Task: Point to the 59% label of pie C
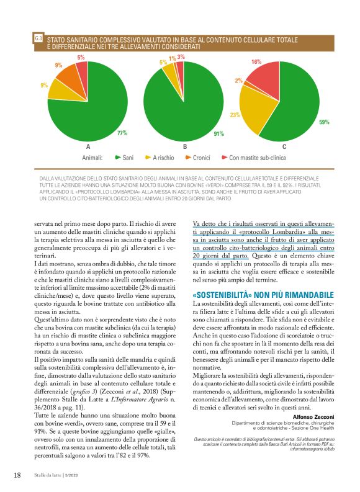click(323, 122)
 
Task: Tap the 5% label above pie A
click(81, 58)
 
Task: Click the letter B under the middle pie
click(185, 147)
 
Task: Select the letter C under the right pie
click(284, 147)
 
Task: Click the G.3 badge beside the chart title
click(38, 39)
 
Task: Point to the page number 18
click(18, 475)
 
